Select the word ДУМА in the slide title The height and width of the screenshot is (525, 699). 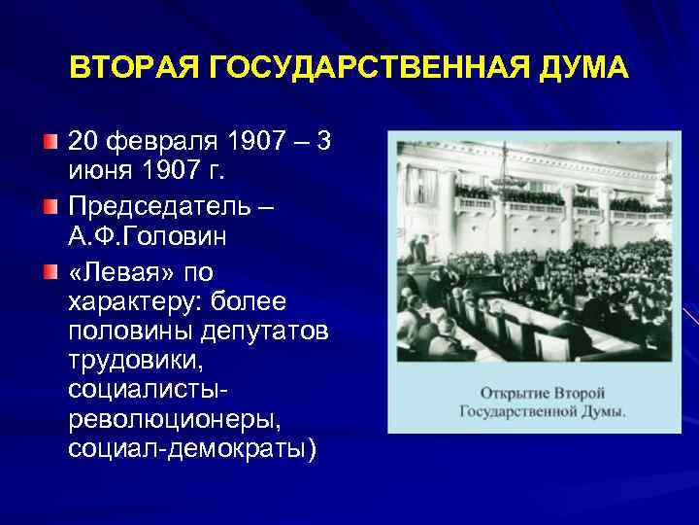click(x=585, y=69)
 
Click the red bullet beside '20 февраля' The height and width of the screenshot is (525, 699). click(x=50, y=145)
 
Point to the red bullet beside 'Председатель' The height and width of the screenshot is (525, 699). click(x=50, y=206)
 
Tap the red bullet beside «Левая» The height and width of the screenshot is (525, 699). click(x=50, y=267)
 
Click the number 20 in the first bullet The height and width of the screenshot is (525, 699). click(x=84, y=144)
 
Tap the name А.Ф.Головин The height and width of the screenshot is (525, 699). click(x=146, y=236)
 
